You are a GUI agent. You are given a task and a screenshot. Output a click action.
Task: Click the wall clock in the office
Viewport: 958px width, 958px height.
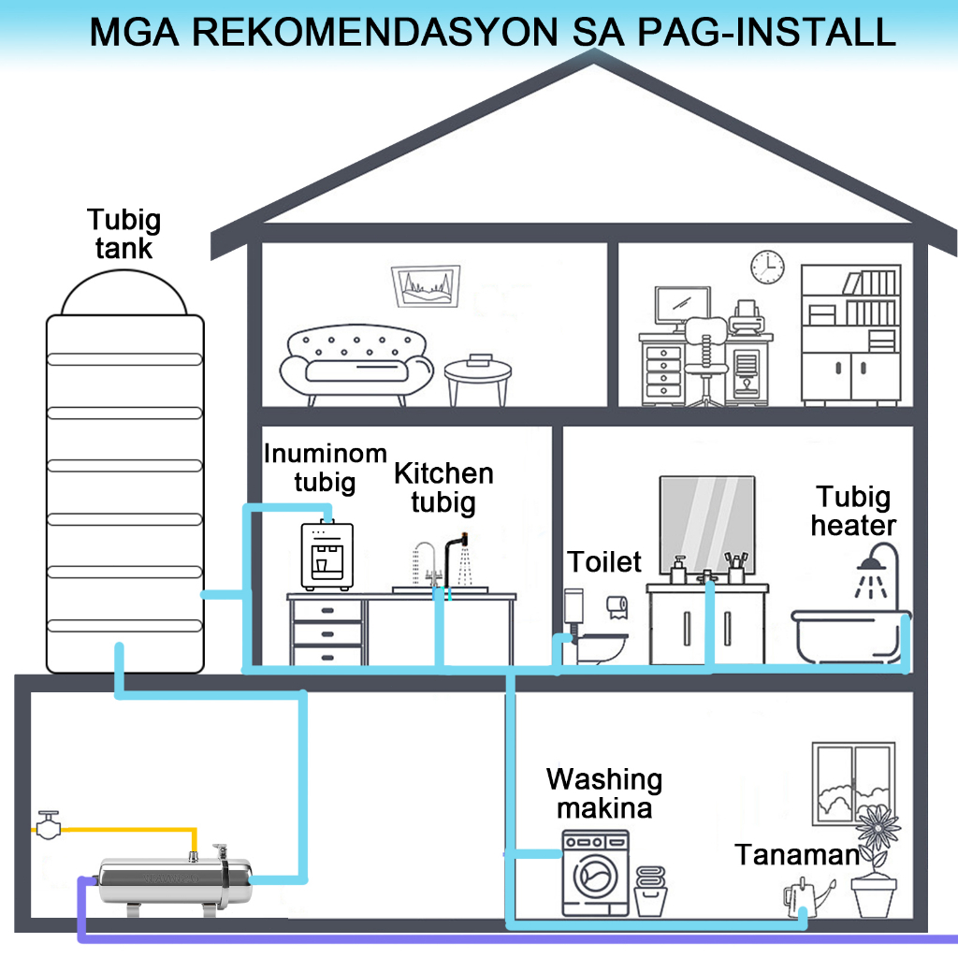767,266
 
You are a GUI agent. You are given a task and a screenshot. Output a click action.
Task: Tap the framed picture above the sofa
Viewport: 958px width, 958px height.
426,286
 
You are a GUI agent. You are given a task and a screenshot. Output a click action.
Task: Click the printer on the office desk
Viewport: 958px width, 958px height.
746,318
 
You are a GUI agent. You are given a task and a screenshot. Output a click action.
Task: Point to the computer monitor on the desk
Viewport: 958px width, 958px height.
682,305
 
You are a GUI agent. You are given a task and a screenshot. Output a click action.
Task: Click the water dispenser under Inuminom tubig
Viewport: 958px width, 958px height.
327,555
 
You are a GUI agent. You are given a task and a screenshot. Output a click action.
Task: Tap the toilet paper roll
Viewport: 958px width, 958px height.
616,607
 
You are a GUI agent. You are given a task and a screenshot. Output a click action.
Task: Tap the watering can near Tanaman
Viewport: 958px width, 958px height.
803,899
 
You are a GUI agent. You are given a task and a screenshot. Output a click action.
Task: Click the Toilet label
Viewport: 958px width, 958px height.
605,561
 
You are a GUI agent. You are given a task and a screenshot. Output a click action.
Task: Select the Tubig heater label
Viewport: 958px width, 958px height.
853,511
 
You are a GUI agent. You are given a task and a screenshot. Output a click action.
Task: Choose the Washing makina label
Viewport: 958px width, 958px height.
604,792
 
